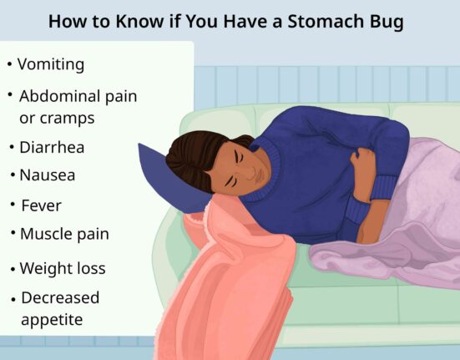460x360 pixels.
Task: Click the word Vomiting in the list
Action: (50, 64)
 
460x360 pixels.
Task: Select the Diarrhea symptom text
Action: (52, 147)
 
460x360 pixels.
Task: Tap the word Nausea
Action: (48, 175)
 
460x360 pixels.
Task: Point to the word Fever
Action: (41, 205)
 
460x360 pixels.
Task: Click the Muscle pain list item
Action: (64, 234)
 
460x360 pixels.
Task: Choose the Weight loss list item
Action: (63, 269)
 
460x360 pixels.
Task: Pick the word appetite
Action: (52, 318)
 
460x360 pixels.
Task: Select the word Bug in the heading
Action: (383, 22)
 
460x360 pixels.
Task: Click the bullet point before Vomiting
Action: (9, 64)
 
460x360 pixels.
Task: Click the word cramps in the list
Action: (68, 118)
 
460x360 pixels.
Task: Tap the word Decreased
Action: (60, 297)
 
